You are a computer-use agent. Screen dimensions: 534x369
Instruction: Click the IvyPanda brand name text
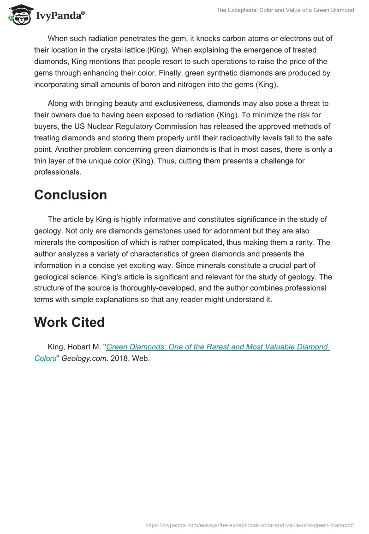point(60,17)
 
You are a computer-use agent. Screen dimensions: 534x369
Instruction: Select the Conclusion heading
point(71,195)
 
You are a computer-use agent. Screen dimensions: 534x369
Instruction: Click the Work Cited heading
point(69,322)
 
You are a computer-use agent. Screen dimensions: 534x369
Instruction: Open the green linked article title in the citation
point(217,347)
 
